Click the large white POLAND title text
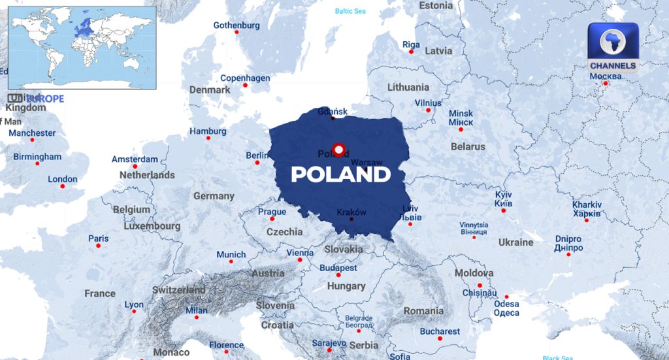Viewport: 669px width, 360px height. click(340, 174)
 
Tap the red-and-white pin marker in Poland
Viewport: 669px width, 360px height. click(338, 150)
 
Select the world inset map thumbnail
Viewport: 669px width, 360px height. click(82, 47)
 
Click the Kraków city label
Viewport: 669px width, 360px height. click(351, 212)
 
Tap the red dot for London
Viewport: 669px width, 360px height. click(63, 187)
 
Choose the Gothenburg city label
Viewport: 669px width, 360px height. click(237, 25)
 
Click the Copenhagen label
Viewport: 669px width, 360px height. click(245, 78)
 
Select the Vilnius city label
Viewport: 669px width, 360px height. click(428, 103)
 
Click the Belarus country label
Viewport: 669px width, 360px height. click(468, 146)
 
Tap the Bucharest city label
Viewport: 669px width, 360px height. click(440, 331)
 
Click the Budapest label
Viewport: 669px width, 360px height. click(338, 268)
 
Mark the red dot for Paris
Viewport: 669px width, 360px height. click(99, 246)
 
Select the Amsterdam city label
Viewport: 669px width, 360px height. click(135, 159)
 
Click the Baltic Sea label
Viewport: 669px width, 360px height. click(351, 11)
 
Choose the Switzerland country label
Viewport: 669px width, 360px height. click(178, 289)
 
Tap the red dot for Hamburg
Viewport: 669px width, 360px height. click(208, 139)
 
